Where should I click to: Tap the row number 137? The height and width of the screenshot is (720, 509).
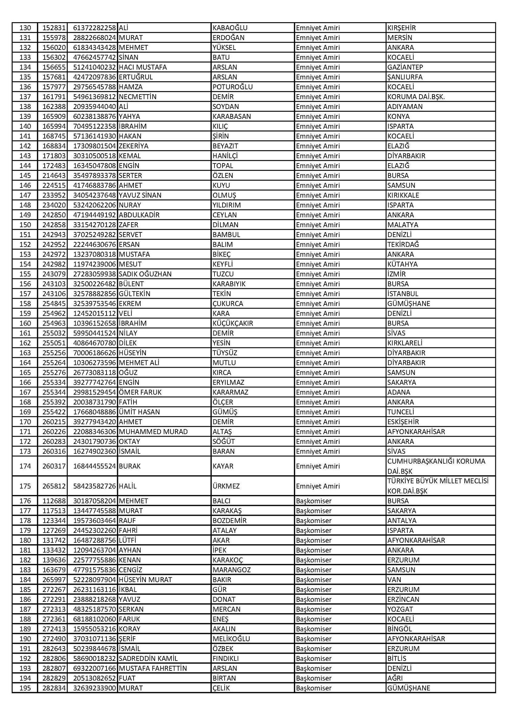pyautogui.click(x=25, y=97)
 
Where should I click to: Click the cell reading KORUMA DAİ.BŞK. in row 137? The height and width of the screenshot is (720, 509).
pyautogui.click(x=416, y=97)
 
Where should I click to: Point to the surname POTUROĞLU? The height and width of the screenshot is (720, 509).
pyautogui.click(x=232, y=87)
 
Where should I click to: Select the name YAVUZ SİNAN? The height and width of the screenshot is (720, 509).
pyautogui.click(x=140, y=195)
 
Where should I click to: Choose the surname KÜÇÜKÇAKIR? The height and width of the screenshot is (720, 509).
pyautogui.click(x=232, y=323)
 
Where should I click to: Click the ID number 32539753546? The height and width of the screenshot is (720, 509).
pyautogui.click(x=95, y=303)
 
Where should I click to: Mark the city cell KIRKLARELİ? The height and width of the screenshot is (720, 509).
pyautogui.click(x=405, y=343)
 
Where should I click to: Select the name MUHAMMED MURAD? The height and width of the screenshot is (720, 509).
pyautogui.click(x=153, y=431)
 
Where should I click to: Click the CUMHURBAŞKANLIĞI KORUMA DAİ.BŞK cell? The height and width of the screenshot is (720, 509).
pyautogui.click(x=436, y=466)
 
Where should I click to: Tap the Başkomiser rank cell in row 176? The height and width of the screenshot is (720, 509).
pyautogui.click(x=314, y=501)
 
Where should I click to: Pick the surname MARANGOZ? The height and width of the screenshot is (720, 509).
pyautogui.click(x=231, y=570)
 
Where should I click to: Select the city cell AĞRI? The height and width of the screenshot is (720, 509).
pyautogui.click(x=395, y=678)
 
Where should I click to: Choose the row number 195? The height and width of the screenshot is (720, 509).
pyautogui.click(x=25, y=688)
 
